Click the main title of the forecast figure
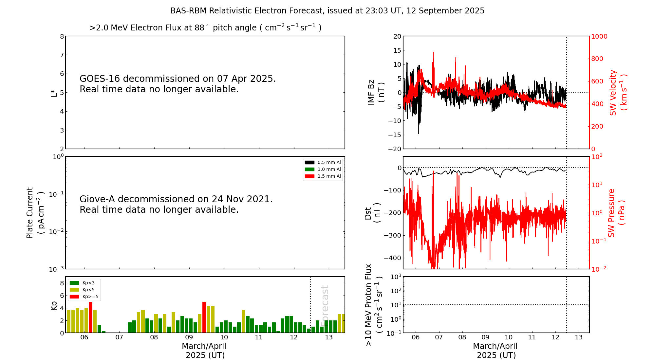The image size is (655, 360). [327, 11]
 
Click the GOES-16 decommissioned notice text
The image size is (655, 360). [178, 84]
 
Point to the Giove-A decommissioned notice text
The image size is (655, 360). [176, 204]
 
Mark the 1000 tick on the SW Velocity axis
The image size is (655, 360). [599, 36]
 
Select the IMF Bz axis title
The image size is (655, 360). [376, 92]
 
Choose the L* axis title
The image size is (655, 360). [54, 93]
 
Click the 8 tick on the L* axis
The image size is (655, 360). [62, 36]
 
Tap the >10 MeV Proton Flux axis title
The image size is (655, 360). [374, 305]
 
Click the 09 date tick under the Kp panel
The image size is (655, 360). [189, 337]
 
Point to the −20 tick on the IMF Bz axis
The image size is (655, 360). [395, 149]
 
